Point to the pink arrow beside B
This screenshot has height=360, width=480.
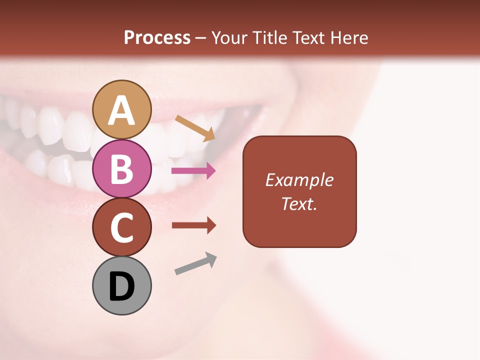tap(193, 171)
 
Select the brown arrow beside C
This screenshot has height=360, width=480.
tap(193, 225)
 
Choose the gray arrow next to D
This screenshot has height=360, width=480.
tap(195, 263)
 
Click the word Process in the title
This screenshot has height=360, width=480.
tap(157, 37)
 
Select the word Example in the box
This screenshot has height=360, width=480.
tap(299, 180)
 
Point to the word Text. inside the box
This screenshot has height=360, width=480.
tap(299, 203)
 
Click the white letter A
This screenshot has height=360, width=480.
tap(121, 111)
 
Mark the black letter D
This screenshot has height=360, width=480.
tap(121, 286)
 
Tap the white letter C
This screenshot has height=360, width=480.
tap(121, 228)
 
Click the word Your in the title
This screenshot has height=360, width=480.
tap(228, 37)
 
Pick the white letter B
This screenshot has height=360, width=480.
tap(121, 169)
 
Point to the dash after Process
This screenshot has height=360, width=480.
tap(201, 38)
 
